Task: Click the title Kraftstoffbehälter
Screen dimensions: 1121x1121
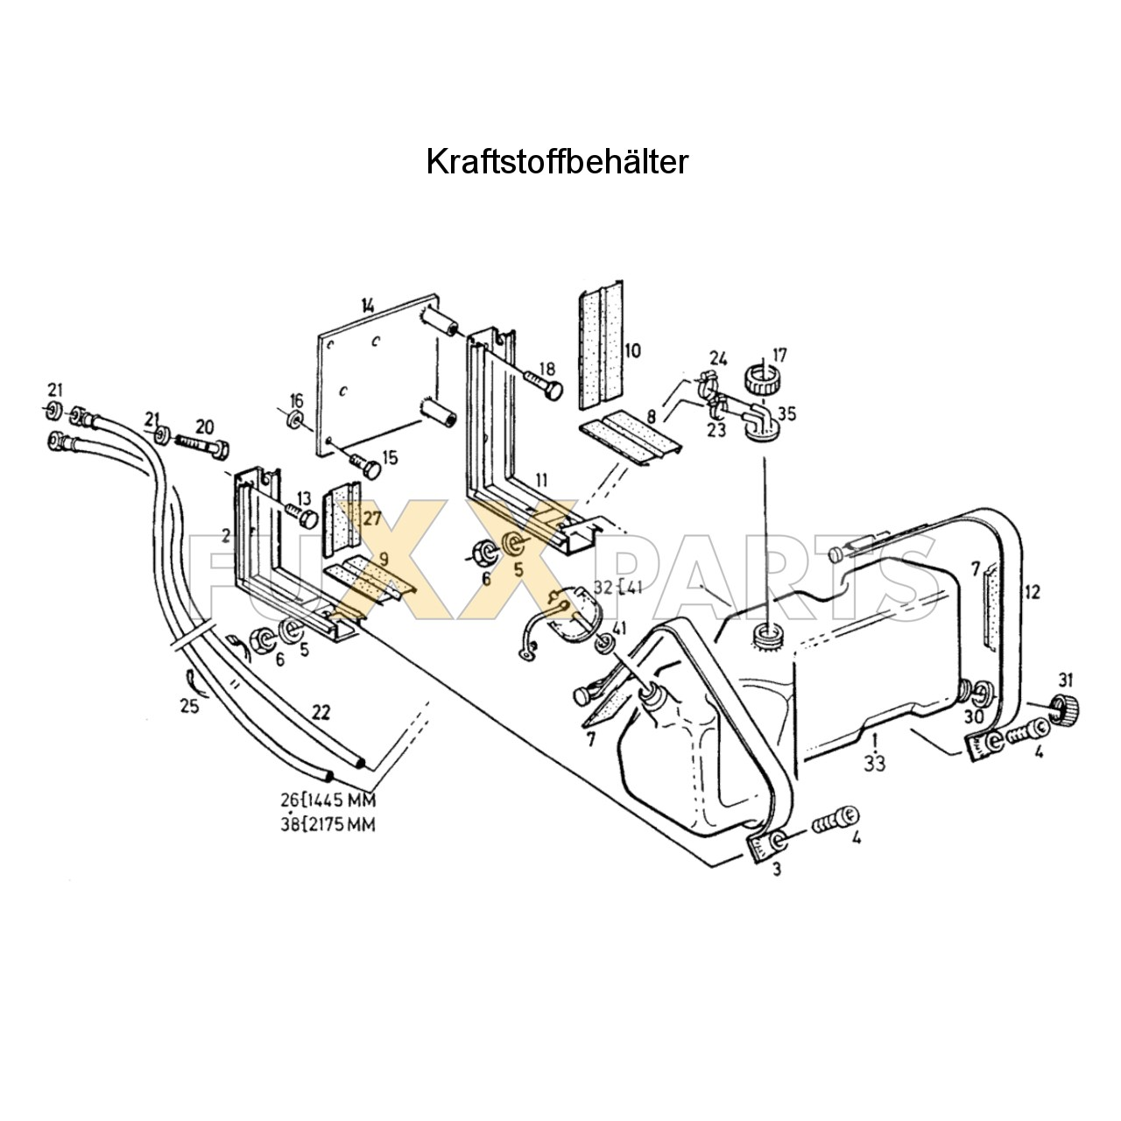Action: [x=557, y=162]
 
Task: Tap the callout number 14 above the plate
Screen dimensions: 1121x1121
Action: [x=367, y=306]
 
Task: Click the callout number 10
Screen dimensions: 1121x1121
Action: [x=632, y=352]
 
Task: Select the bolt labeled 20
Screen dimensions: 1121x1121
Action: [x=204, y=444]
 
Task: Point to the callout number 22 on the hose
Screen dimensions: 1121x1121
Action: [x=321, y=712]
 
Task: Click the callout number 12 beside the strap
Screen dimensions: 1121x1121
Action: [x=1032, y=593]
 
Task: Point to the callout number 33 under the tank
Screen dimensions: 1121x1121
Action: [x=874, y=764]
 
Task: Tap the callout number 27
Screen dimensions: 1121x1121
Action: [x=372, y=518]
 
